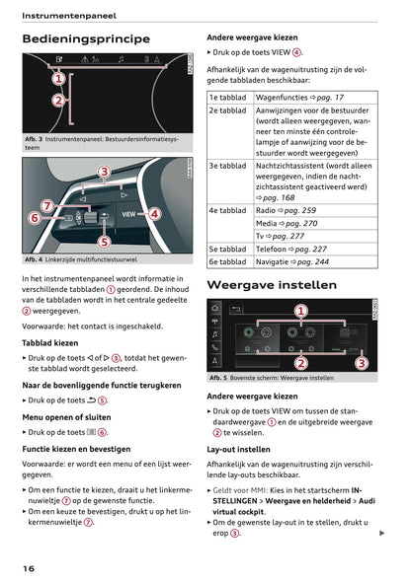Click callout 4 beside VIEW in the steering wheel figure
154,213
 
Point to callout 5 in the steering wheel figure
104,241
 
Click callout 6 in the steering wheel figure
35,217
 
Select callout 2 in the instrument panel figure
57,101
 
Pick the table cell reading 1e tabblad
227,98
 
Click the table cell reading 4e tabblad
227,210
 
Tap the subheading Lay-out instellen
238,449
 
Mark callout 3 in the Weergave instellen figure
362,363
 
